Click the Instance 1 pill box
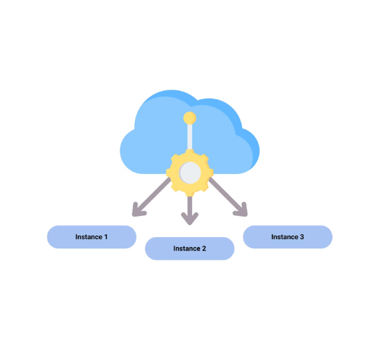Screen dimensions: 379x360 pos(92,237)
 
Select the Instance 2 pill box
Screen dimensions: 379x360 pos(189,248)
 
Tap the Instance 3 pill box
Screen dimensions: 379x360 pos(288,237)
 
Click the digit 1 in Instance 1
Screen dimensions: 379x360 pos(106,237)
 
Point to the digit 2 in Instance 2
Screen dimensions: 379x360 pos(204,248)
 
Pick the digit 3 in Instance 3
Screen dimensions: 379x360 pos(302,237)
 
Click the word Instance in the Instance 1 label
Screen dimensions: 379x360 pos(88,237)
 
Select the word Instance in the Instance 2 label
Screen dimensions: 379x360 pos(187,248)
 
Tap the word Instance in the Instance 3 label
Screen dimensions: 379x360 pos(285,237)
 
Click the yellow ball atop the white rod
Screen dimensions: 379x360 pos(189,118)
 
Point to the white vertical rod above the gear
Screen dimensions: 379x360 pos(189,137)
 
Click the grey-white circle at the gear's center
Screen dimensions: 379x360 pos(190,173)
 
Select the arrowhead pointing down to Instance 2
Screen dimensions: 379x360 pos(189,218)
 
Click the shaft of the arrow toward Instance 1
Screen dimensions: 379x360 pos(153,195)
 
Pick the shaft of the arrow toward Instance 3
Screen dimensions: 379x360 pos(227,195)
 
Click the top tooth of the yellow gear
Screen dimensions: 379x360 pos(189,152)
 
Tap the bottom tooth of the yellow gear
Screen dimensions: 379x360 pos(189,193)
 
